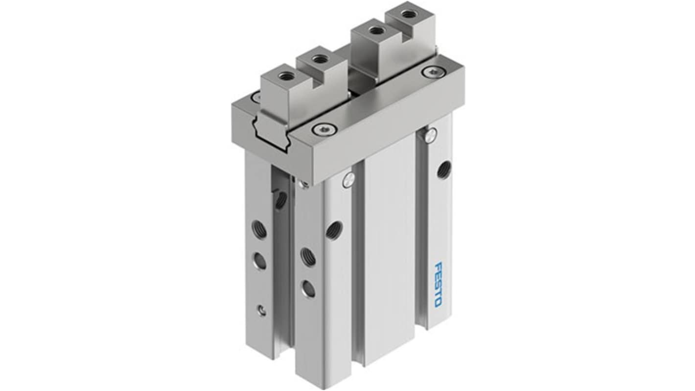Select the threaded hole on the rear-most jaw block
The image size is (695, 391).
point(406,14)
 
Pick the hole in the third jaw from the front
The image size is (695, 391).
point(376,30)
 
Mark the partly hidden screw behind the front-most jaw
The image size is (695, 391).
point(256,97)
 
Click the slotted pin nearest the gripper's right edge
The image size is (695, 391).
point(430,135)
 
